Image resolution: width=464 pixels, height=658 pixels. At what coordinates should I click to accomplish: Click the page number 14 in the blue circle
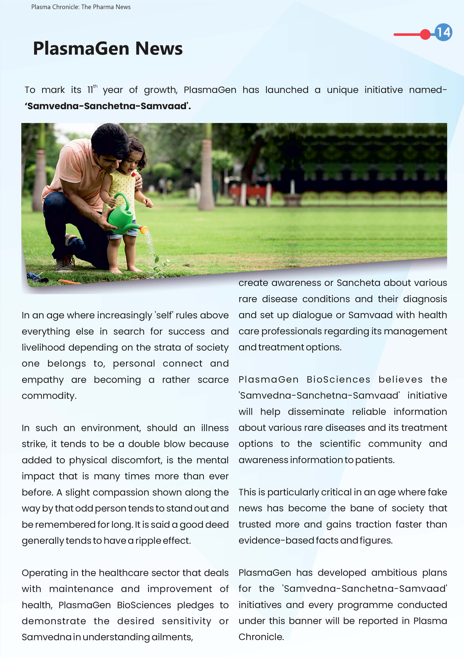coord(443,32)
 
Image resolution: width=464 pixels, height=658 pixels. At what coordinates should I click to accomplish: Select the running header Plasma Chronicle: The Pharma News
coord(81,7)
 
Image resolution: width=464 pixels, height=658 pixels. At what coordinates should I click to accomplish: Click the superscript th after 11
coord(95,86)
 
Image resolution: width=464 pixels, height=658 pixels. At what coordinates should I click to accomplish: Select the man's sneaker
coord(65,264)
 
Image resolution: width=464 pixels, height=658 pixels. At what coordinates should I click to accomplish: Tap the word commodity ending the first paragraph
coord(49,396)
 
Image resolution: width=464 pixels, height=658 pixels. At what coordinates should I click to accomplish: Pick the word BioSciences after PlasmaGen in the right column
coord(338,380)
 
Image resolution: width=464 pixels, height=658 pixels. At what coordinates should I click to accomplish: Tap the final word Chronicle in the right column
coord(261,637)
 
